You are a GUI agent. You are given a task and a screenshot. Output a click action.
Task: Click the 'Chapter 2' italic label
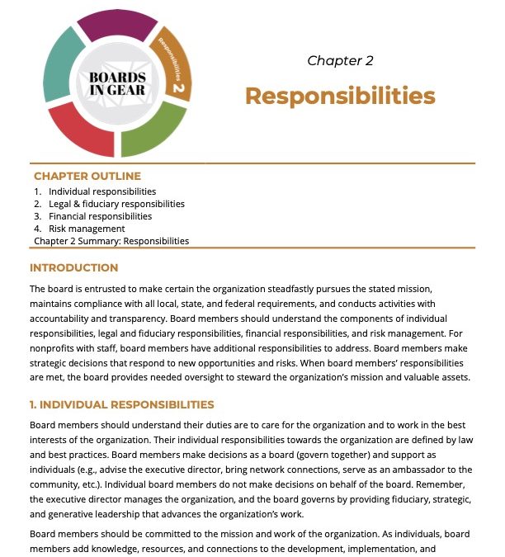(x=340, y=60)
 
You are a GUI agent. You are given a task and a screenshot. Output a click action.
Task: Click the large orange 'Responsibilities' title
(x=340, y=96)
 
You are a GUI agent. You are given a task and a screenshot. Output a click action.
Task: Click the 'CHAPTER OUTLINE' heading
(x=87, y=176)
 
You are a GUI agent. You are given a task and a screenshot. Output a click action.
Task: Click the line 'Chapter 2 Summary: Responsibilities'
(x=111, y=241)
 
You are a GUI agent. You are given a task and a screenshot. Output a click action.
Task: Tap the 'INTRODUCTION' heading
(x=74, y=267)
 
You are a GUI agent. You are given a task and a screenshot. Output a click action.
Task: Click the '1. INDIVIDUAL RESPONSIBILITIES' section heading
(x=122, y=404)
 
